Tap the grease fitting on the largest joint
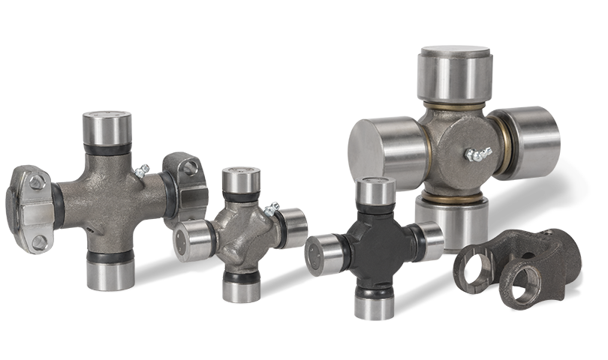(477, 155)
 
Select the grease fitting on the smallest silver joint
(271, 208)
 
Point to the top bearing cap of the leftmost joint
(107, 127)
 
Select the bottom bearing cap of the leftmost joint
(109, 271)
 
